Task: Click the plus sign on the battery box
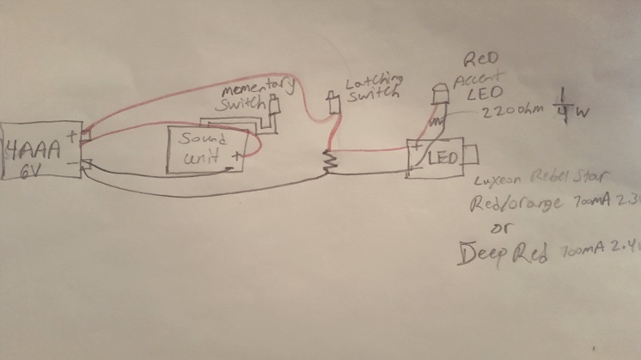73,136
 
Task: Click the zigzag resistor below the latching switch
327,161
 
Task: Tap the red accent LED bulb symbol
438,92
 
